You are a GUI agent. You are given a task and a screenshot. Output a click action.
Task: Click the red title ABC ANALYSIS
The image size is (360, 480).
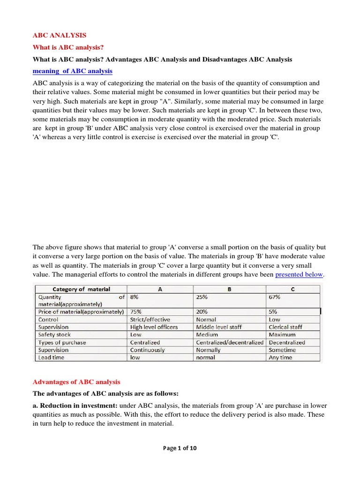tap(60, 35)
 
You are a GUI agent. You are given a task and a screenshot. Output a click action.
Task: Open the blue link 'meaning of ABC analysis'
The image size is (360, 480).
tap(72, 71)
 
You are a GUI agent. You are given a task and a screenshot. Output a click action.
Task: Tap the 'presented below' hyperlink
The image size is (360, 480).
tap(299, 274)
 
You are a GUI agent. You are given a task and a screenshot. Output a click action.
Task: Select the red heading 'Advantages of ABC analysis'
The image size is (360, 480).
tap(76, 382)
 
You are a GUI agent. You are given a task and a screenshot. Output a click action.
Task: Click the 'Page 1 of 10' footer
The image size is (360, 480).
tap(180, 448)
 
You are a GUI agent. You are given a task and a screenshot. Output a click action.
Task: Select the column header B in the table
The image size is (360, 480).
tap(229, 289)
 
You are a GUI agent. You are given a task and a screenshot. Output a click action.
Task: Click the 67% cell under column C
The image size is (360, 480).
tap(274, 297)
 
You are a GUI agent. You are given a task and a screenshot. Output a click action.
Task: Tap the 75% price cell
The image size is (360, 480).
tap(136, 312)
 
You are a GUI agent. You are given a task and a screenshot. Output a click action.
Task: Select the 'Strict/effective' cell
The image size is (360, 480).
tap(150, 319)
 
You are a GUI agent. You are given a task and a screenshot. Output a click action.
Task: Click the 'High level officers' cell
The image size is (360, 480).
tap(154, 327)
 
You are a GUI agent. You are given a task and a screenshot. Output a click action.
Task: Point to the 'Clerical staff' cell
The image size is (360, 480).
tap(285, 327)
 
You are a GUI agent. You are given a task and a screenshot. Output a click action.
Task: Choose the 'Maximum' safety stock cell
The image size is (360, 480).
tap(282, 335)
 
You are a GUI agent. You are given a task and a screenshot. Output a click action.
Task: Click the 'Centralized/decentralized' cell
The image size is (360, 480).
tap(230, 342)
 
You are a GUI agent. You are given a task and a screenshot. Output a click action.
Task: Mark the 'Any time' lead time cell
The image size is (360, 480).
tap(280, 357)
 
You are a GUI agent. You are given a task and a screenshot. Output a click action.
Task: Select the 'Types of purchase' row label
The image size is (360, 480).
tap(62, 342)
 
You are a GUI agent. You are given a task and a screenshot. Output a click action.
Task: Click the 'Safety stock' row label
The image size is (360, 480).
tap(55, 335)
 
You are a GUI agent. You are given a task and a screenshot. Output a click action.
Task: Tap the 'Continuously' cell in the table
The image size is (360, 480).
tap(147, 350)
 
